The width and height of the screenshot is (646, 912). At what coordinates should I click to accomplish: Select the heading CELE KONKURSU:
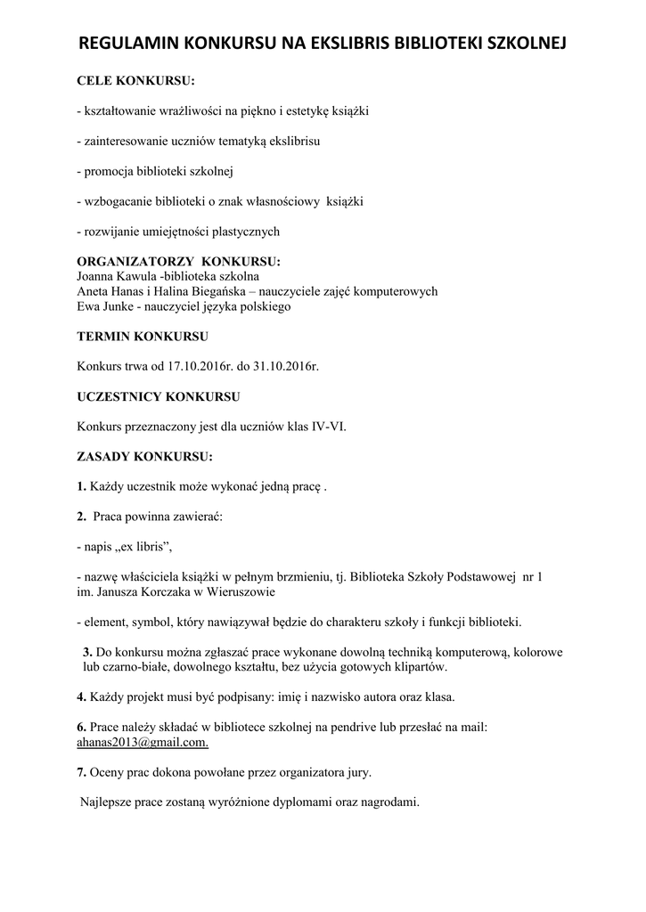coord(135,82)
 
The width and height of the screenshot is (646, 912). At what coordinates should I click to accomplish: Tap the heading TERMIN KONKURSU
coord(143,337)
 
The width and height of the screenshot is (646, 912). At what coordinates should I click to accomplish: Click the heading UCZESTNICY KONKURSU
coord(158,396)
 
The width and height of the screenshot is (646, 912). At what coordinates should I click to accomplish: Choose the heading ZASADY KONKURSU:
coord(144,457)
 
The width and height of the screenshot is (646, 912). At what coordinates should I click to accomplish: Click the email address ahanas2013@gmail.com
coord(143,742)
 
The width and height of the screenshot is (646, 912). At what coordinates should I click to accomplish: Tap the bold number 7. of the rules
coord(81,771)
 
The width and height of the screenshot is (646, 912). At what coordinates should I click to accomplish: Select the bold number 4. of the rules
coord(81,696)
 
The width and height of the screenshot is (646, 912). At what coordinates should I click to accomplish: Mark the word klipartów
coord(415,666)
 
